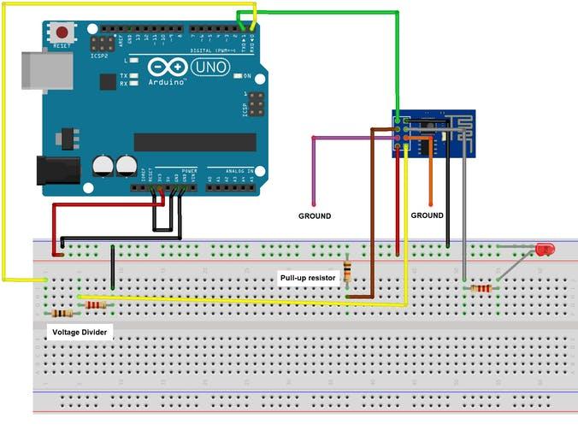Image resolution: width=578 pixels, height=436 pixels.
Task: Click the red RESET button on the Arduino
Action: (x=62, y=32)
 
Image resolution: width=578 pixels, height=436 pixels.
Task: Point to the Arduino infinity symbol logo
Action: (x=167, y=68)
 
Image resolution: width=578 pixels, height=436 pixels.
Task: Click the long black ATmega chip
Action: (x=194, y=142)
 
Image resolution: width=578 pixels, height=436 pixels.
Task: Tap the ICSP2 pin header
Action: (x=103, y=43)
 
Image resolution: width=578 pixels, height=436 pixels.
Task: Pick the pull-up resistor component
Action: (x=347, y=273)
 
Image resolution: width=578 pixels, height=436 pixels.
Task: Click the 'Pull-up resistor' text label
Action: (x=309, y=278)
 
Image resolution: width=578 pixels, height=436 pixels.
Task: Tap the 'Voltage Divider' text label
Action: (x=79, y=331)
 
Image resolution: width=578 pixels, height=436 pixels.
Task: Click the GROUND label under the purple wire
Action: (x=314, y=216)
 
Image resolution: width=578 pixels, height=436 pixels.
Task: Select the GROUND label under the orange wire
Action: (x=427, y=215)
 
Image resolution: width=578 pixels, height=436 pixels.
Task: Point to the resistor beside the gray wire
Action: (x=481, y=288)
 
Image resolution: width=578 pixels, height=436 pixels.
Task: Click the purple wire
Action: (x=314, y=171)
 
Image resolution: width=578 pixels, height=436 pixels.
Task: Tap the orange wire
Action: (x=430, y=171)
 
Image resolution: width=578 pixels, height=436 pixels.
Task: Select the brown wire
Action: (x=372, y=214)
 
